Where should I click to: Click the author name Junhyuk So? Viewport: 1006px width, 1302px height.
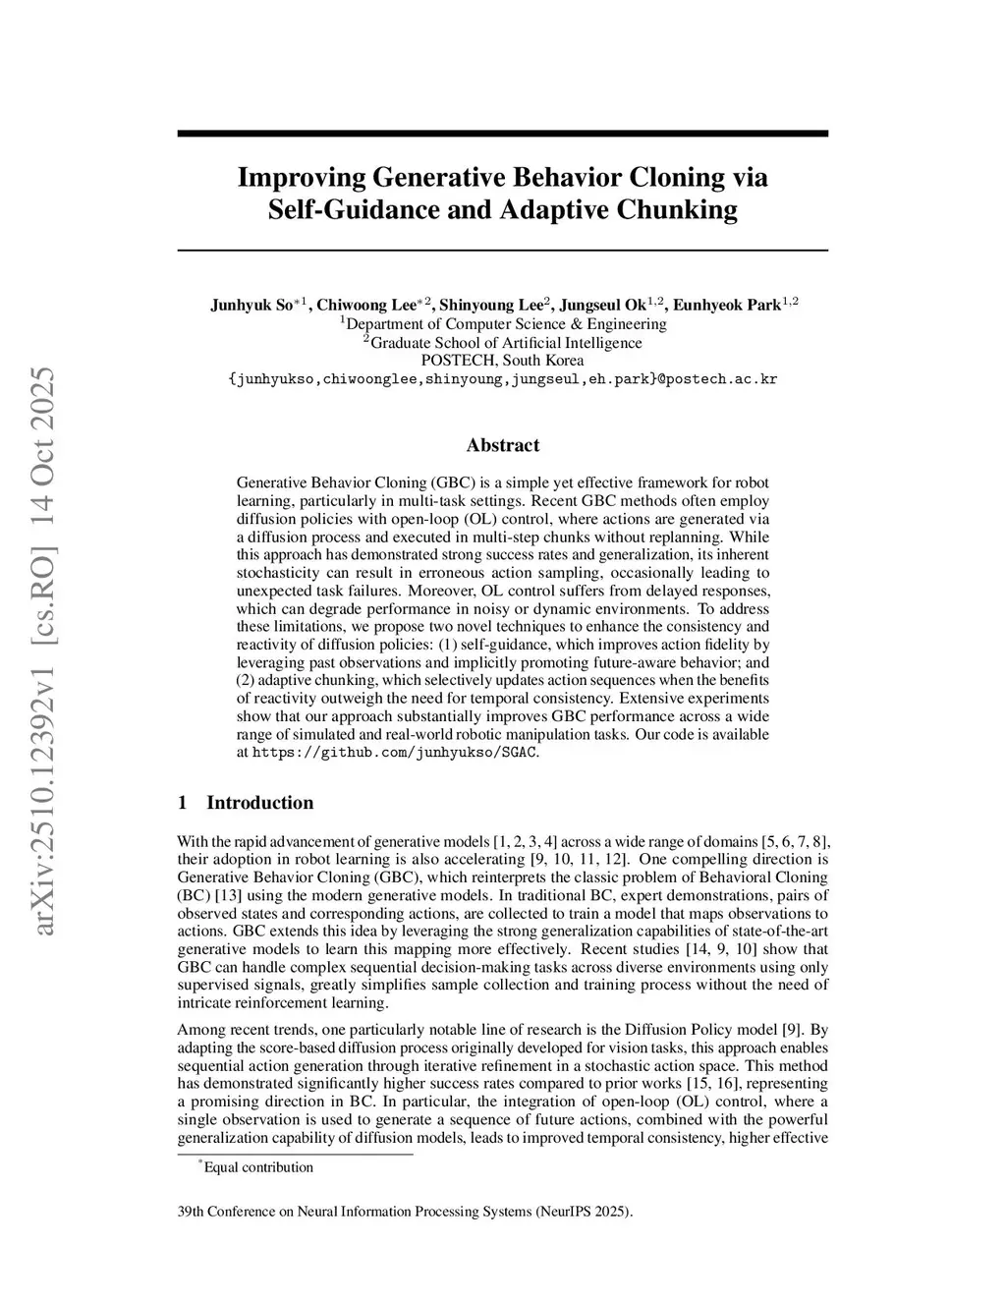[x=251, y=305]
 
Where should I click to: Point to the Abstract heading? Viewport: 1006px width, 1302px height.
[x=502, y=445]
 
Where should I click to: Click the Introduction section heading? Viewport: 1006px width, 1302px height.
[x=259, y=803]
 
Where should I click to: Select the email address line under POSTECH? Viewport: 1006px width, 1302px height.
[x=502, y=379]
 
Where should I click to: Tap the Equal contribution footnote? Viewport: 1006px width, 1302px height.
[x=257, y=1167]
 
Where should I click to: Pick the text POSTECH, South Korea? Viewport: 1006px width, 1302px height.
[x=502, y=361]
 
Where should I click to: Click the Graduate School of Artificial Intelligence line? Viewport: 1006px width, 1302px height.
[x=502, y=342]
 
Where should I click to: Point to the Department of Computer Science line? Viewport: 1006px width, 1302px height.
[x=502, y=323]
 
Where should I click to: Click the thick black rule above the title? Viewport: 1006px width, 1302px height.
[x=502, y=133]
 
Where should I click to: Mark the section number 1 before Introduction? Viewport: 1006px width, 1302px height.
[x=183, y=803]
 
